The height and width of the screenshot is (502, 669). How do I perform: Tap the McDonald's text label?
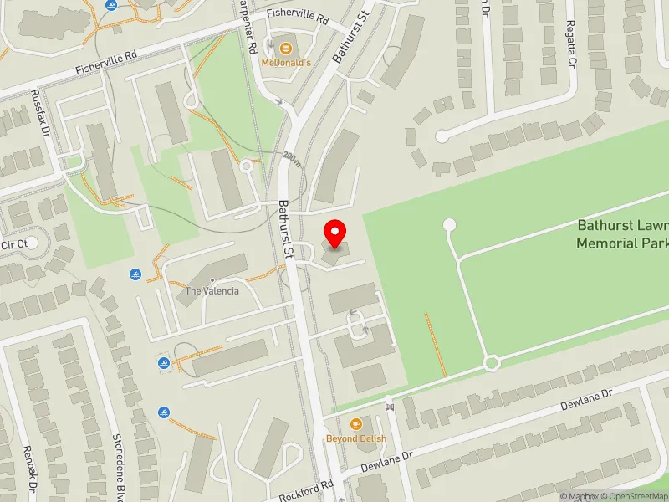click(286, 63)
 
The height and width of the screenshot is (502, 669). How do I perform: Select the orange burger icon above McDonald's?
click(286, 47)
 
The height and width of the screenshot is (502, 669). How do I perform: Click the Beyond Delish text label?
click(356, 438)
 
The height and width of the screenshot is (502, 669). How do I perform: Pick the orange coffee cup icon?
click(356, 424)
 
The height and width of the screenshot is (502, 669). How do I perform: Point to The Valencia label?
click(212, 291)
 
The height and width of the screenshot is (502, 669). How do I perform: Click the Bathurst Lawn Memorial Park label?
click(622, 234)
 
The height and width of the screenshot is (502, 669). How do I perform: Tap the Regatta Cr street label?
click(571, 44)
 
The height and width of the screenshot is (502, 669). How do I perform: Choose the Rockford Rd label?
click(306, 488)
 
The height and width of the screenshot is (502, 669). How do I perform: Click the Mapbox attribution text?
click(577, 496)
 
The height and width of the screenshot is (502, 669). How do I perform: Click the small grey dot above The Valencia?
click(212, 280)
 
